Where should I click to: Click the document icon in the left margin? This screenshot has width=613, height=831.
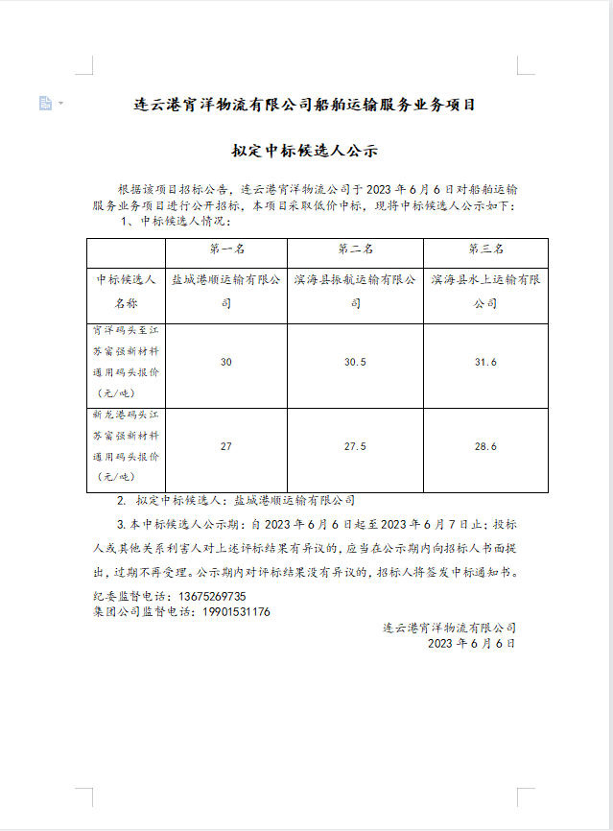pyautogui.click(x=45, y=103)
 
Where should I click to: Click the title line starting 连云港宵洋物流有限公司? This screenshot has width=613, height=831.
pyautogui.click(x=305, y=105)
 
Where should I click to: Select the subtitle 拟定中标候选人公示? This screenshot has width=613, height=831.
pyautogui.click(x=305, y=151)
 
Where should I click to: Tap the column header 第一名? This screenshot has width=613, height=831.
pyautogui.click(x=226, y=249)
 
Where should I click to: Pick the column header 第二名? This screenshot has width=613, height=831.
pyautogui.click(x=355, y=249)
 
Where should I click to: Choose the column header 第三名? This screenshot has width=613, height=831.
pyautogui.click(x=485, y=249)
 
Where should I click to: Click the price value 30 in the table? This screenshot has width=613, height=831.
pyautogui.click(x=226, y=362)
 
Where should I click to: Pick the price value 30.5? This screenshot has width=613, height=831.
pyautogui.click(x=355, y=362)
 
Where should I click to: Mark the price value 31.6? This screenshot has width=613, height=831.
pyautogui.click(x=485, y=362)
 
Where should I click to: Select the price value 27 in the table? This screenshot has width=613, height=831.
pyautogui.click(x=226, y=446)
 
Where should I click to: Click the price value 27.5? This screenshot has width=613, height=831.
pyautogui.click(x=355, y=446)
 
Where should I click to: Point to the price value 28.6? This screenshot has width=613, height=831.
pyautogui.click(x=485, y=446)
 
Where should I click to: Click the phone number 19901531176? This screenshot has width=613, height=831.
pyautogui.click(x=236, y=611)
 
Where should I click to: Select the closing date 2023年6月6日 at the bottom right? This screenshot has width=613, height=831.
pyautogui.click(x=471, y=643)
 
